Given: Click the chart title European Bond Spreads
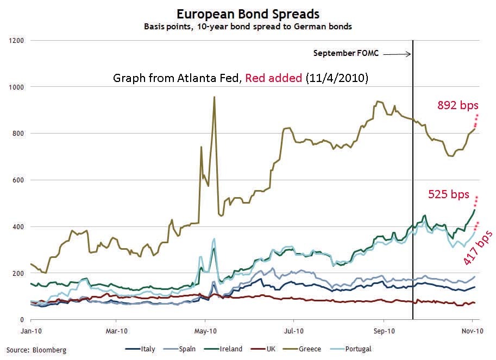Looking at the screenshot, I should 248,14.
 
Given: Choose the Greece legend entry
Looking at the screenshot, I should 310,349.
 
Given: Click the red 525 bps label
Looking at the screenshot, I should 448,194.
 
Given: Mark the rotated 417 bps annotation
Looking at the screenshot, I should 479,247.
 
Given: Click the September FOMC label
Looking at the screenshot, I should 346,53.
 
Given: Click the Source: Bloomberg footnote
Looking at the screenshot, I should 36,350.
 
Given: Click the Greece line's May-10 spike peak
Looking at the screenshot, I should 215,97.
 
